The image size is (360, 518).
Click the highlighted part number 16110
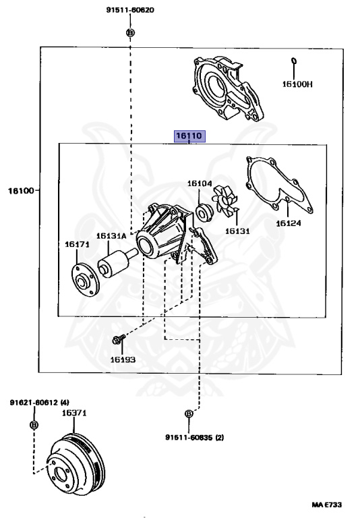(x=189, y=136)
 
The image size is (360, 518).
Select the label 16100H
(x=297, y=84)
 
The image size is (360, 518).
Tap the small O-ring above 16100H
(x=294, y=61)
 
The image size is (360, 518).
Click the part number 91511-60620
(x=130, y=10)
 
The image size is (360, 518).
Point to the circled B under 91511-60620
(x=131, y=32)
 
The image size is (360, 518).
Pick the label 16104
(x=200, y=183)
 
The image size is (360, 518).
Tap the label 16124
(x=289, y=223)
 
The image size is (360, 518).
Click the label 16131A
(x=111, y=236)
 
